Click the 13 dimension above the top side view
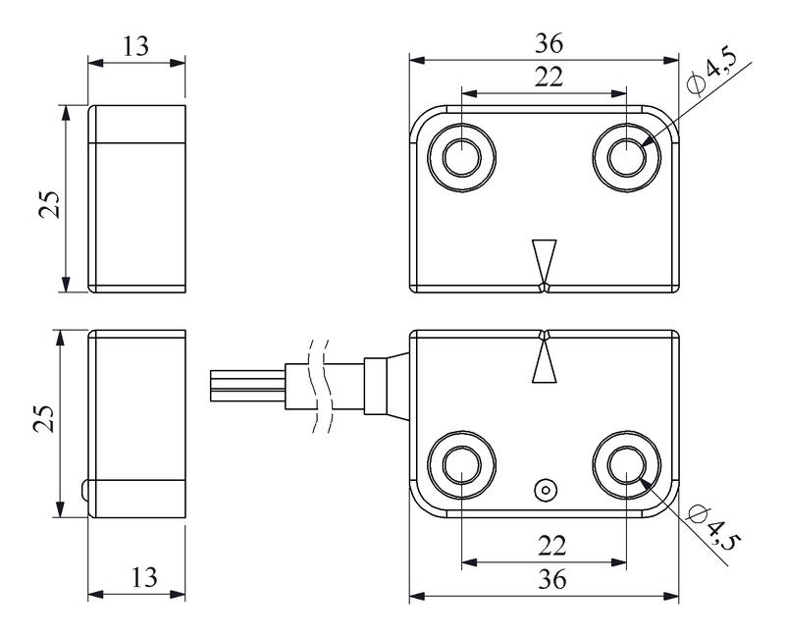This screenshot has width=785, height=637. point(136,45)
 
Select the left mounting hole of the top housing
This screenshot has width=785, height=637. point(460,156)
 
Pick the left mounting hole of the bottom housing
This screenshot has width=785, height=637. point(460,463)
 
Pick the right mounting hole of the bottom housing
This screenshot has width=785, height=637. point(626,463)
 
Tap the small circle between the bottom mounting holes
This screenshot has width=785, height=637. point(543,489)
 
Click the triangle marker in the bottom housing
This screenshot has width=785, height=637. point(543,361)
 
